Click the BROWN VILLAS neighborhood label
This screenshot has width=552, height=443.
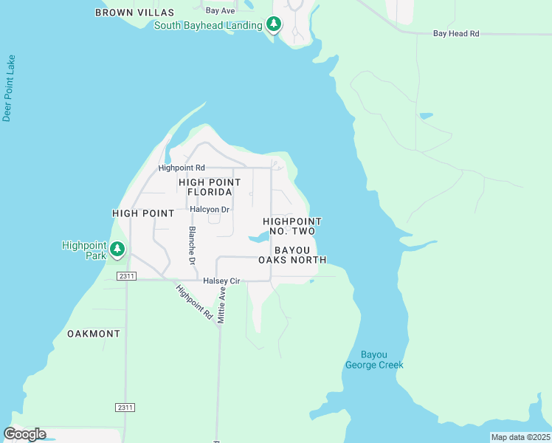(x=134, y=13)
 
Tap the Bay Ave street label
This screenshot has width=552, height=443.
(x=220, y=11)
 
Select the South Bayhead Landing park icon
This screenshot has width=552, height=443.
(x=274, y=25)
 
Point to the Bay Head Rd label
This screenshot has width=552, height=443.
(x=456, y=34)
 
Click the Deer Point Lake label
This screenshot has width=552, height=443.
(x=9, y=88)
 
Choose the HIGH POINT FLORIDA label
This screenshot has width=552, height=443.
(x=210, y=187)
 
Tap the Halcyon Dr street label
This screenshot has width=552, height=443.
(x=210, y=209)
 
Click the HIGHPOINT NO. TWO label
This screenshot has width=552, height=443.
(x=292, y=226)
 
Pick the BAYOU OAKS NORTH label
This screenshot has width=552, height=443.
(x=292, y=255)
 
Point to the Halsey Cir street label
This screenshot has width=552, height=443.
(x=221, y=281)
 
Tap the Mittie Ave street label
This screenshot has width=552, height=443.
(x=221, y=305)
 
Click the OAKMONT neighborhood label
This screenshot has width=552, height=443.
(x=94, y=334)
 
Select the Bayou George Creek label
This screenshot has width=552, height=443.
(x=374, y=360)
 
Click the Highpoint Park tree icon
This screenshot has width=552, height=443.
(x=117, y=250)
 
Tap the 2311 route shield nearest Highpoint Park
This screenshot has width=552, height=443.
(x=126, y=276)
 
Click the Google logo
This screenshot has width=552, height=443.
(x=24, y=434)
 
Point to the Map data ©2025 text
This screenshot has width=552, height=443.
(x=520, y=437)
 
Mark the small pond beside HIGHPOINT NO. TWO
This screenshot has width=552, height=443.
(x=259, y=238)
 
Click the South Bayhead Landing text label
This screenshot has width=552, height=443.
(x=208, y=26)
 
